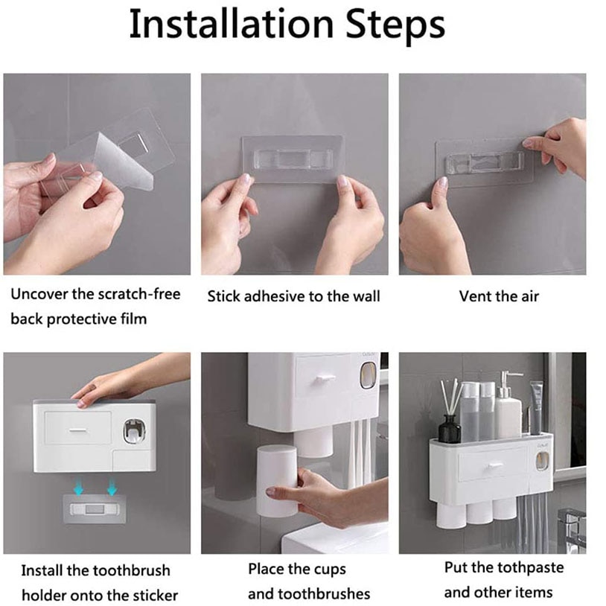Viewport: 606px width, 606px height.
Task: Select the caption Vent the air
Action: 499,296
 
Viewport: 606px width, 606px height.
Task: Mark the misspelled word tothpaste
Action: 514,567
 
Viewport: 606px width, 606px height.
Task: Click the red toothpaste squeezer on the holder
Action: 134,430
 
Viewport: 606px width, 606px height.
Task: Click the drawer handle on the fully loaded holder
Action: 493,467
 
